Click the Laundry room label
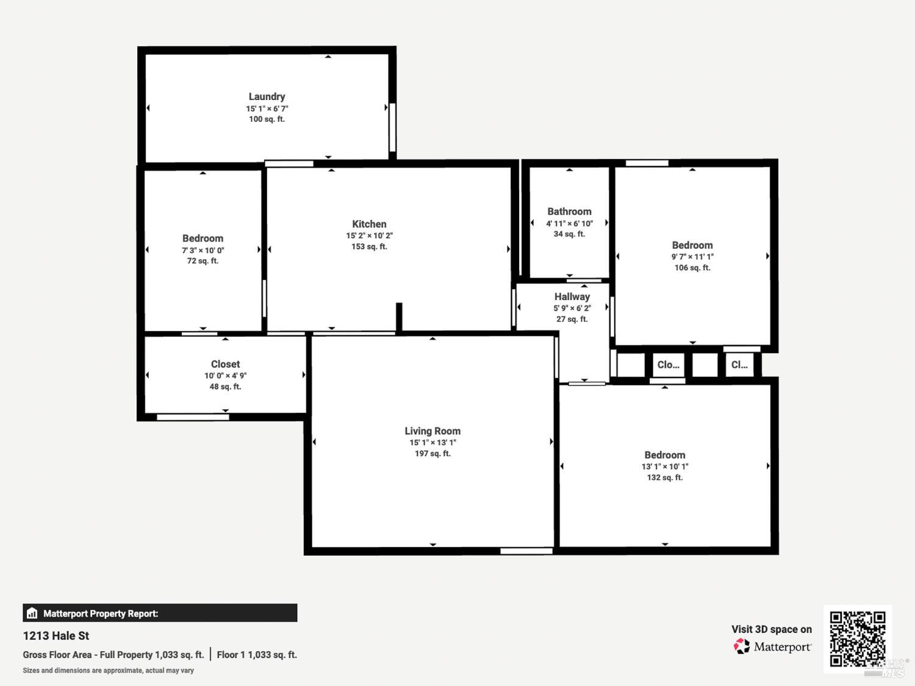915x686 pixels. coord(267,96)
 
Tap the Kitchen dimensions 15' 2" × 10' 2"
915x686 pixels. coord(369,235)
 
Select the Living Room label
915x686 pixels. coord(432,431)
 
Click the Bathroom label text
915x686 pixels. coord(569,212)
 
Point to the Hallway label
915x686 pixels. coord(572,296)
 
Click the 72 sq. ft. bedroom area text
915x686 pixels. coord(203,261)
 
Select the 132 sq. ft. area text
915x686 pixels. coord(664,477)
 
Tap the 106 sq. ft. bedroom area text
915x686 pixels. coord(692,268)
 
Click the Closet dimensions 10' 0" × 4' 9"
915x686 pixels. coord(225,376)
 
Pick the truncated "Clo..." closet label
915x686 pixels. coord(668,365)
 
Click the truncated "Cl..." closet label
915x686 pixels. coord(739,365)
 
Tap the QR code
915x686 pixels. coord(857,638)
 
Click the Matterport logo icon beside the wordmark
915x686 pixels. coord(742,646)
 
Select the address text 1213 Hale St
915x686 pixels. coord(56,635)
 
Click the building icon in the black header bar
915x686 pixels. coord(32,613)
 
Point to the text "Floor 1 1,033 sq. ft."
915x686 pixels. coord(257,654)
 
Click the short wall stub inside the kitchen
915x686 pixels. coord(399,318)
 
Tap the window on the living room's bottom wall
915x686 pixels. coord(526,551)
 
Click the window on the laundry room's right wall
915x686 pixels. coord(392,127)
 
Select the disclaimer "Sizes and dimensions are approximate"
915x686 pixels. coord(108,670)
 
